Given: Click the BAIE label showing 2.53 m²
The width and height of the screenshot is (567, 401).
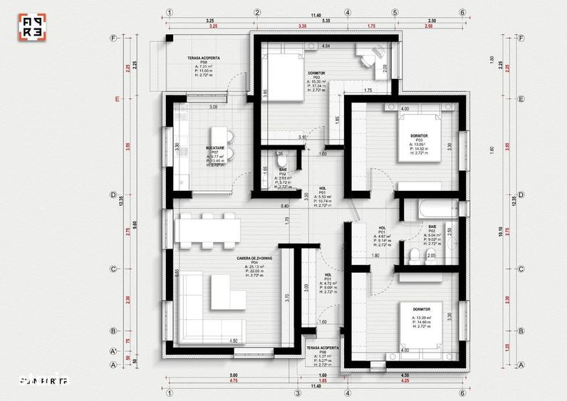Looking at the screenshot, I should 283,170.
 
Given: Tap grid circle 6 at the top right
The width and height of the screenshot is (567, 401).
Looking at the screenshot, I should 462,12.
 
